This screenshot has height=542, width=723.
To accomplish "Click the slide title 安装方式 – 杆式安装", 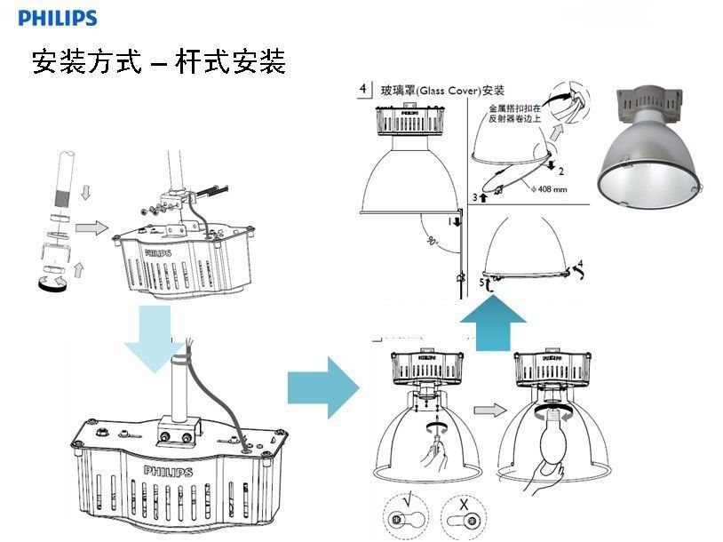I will point(158,62).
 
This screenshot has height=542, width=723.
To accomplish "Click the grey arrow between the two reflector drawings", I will point(487,412).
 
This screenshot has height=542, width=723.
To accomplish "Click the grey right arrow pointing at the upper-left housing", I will point(90,228).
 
